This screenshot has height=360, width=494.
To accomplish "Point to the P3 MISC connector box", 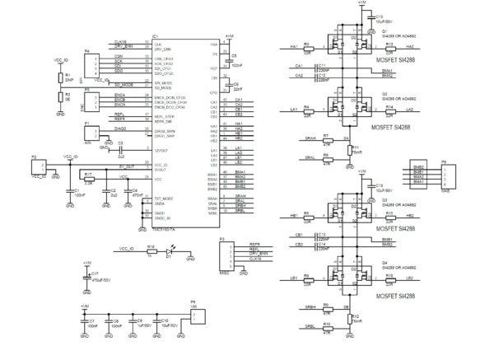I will point(226,252).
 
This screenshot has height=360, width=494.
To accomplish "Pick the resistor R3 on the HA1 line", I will point(306,47).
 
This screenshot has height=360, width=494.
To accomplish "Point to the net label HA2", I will point(410,47).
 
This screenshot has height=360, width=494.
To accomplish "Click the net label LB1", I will point(294,277).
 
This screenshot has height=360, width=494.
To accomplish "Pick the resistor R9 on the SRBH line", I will point(327,307).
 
